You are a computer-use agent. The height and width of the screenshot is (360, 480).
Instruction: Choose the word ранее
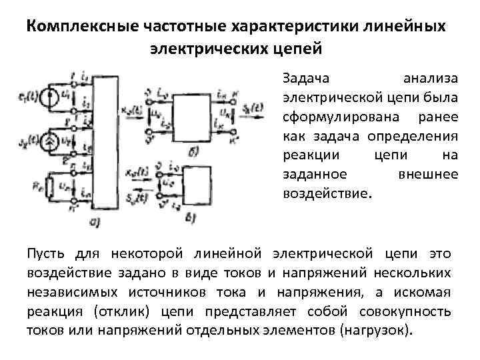pyautogui.click(x=437, y=117)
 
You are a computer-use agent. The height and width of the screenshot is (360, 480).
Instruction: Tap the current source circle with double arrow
pyautogui.click(x=48, y=141)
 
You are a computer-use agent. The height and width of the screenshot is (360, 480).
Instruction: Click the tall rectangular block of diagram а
pyautogui.click(x=106, y=141)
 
